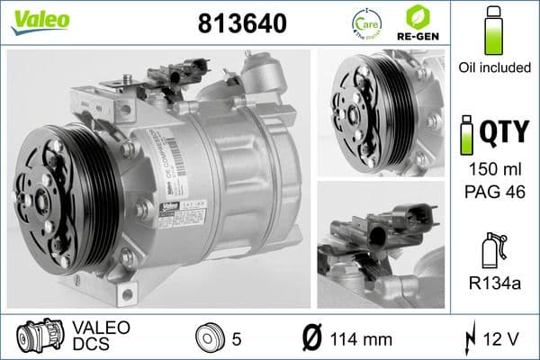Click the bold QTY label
508,133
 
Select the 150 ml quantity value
493,169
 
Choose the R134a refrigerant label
493,285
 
